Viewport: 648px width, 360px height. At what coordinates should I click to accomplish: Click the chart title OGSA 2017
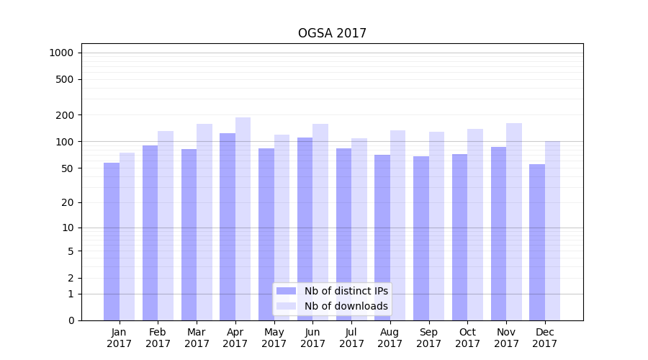332,34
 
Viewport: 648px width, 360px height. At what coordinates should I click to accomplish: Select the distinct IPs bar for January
112,241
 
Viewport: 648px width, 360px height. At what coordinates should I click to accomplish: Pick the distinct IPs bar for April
228,227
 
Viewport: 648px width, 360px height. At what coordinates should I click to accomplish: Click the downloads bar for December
552,230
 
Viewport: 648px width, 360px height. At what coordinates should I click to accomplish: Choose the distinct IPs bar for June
305,229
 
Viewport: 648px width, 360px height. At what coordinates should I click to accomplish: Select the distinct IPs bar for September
421,238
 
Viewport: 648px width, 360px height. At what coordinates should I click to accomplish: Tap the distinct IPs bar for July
343,234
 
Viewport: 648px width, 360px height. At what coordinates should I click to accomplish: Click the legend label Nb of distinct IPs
346,291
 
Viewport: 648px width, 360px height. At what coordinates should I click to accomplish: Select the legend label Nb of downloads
346,306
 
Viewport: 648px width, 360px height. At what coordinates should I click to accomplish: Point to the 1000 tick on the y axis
61,53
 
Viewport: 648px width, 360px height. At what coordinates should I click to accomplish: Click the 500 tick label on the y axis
66,79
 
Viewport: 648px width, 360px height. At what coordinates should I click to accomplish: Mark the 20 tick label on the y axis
68,202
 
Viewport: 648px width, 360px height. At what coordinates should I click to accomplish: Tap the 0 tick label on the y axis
71,320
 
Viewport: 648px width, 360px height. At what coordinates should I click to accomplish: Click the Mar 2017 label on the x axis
197,338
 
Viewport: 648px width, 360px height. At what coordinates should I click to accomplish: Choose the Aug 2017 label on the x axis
390,338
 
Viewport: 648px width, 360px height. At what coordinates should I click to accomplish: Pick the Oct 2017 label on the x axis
467,338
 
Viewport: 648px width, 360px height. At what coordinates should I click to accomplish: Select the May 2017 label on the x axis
274,338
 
